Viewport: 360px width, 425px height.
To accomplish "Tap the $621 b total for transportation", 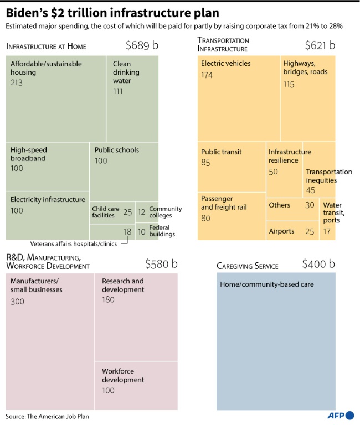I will pos(320,45).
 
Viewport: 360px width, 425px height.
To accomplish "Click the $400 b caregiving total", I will pos(318,264).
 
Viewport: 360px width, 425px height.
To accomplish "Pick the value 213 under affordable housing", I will pos(17,82).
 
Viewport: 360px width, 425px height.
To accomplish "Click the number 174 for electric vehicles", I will pos(207,75).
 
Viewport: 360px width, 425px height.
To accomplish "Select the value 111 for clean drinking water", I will pos(118,91).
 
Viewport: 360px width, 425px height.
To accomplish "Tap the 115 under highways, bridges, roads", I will pos(289,84).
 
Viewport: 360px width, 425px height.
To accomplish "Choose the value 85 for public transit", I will pos(205,163).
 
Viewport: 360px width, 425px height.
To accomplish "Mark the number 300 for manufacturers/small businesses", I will pos(17,302).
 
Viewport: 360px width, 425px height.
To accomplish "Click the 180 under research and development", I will pos(108,300).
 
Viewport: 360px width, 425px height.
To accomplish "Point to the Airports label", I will pos(281,231).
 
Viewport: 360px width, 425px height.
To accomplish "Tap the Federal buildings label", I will pos(162,231).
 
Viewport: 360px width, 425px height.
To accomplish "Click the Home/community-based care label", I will pos(267,284).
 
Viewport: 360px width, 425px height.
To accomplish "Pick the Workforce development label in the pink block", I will pos(123,376).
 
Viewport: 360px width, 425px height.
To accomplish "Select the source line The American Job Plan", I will pos(47,416).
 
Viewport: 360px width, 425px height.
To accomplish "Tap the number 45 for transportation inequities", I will pos(310,190).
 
